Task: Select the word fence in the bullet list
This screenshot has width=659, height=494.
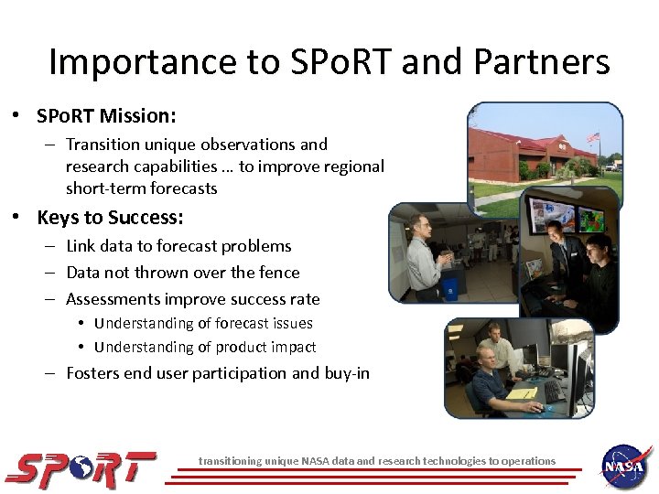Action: coord(279,272)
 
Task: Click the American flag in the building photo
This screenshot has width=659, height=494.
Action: coord(594,138)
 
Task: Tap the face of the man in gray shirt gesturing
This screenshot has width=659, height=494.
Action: coord(423,225)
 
